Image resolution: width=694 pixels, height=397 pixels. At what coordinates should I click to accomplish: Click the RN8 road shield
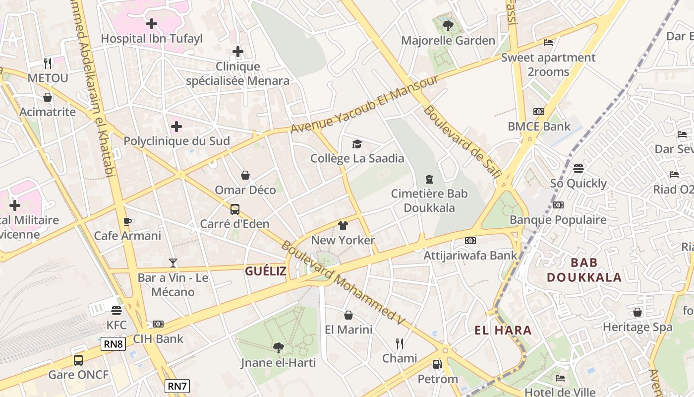click(x=113, y=344)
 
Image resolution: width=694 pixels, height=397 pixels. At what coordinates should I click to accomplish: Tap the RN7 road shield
click(x=177, y=386)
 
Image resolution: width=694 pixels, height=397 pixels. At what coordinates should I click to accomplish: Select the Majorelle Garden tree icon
click(x=448, y=25)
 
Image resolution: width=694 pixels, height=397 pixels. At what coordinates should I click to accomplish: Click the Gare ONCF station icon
click(x=78, y=360)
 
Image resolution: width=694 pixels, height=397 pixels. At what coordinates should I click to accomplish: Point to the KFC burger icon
click(x=116, y=311)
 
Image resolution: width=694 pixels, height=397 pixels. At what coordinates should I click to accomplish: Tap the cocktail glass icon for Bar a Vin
click(x=173, y=263)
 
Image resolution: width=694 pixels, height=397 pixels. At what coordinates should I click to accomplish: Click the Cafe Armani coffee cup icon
click(x=127, y=221)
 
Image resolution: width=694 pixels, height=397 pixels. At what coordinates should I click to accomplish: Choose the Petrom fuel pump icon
click(x=437, y=364)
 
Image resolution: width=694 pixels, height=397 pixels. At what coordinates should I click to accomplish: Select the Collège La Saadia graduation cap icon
click(x=357, y=144)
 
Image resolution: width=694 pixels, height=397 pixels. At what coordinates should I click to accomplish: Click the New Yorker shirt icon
click(x=343, y=226)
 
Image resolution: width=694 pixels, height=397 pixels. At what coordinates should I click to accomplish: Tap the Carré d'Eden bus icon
click(x=235, y=209)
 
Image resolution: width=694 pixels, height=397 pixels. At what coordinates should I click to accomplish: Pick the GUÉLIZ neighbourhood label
click(x=266, y=271)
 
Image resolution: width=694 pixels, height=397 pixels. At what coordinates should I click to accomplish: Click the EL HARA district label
click(x=503, y=331)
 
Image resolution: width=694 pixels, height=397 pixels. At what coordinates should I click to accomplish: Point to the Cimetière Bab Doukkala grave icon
click(x=429, y=179)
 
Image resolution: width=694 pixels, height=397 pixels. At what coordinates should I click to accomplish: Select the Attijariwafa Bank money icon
click(x=470, y=241)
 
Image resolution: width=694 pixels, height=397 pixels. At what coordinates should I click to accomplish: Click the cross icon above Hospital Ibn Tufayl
click(x=152, y=23)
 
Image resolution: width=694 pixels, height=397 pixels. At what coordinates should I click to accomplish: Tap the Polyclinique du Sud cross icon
click(x=176, y=127)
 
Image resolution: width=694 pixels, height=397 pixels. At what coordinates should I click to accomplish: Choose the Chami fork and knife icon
click(x=399, y=343)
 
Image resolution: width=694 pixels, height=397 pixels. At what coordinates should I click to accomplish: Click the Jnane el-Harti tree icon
click(x=278, y=347)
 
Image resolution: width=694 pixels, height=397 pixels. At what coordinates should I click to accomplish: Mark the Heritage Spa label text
click(x=637, y=327)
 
